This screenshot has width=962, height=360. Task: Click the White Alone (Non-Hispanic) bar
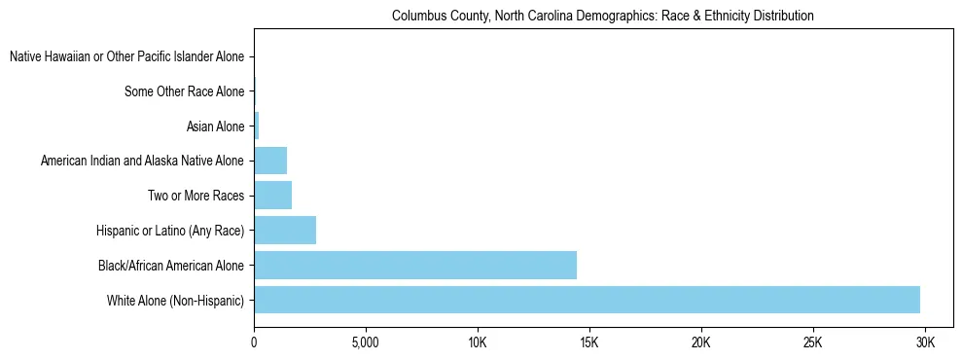[587, 300]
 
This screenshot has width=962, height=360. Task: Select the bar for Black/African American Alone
[415, 265]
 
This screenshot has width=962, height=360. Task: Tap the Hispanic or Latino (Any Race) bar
[285, 231]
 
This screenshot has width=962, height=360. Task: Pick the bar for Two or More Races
[272, 196]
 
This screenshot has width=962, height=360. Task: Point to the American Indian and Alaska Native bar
[270, 161]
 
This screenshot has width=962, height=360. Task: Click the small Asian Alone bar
[256, 126]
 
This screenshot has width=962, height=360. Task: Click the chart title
[602, 17]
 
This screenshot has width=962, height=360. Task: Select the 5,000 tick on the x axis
[365, 343]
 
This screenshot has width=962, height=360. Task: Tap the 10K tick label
[477, 343]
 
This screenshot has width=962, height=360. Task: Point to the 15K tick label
[588, 343]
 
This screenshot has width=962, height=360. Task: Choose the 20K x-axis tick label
[700, 343]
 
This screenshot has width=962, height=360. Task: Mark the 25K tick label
[813, 343]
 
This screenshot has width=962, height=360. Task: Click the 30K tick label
[925, 343]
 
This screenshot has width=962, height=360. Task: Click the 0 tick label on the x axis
[254, 343]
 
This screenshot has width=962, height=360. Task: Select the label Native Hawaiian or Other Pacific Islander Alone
[127, 57]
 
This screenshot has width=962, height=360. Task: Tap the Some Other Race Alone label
[185, 92]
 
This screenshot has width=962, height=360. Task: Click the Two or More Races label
[195, 197]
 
